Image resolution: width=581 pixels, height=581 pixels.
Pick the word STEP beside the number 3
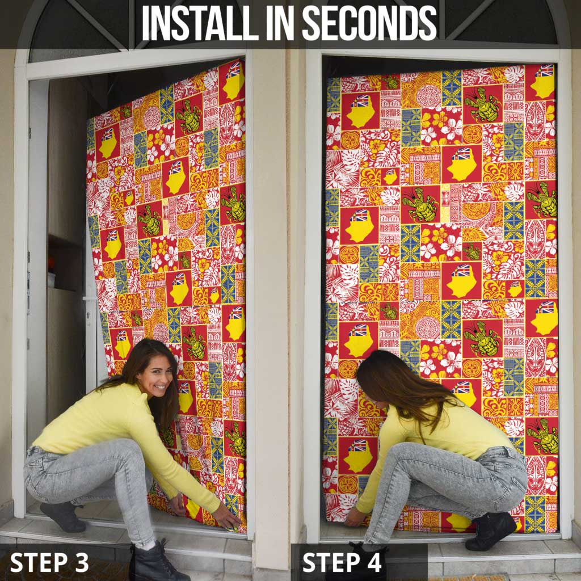[x=38, y=562]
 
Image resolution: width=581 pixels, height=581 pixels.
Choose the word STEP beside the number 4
[x=329, y=562]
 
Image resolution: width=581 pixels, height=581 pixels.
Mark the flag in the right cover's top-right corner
[x=544, y=71]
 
